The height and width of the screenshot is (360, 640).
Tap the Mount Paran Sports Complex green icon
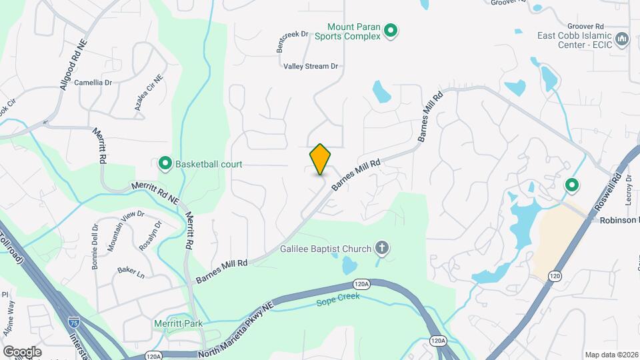(x=391, y=30)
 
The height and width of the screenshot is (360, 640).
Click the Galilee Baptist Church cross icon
(x=382, y=249)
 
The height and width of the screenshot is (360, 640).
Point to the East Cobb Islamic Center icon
(x=623, y=39)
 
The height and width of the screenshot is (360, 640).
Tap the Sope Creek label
(x=337, y=297)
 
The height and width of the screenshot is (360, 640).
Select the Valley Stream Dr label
(x=311, y=67)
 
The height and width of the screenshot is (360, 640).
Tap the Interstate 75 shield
(x=73, y=323)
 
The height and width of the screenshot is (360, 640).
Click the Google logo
(x=22, y=352)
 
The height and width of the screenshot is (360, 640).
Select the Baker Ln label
(x=131, y=271)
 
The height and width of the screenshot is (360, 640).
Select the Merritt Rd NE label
(x=155, y=189)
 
